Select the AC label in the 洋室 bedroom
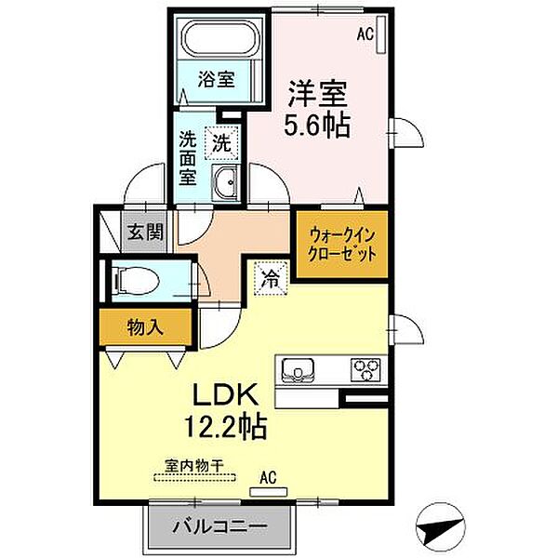[x=366, y=35]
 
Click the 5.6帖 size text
[x=317, y=126]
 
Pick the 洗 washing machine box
[x=220, y=143]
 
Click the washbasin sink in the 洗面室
[x=225, y=181]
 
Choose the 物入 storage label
[x=145, y=326]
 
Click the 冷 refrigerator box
[x=270, y=276]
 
